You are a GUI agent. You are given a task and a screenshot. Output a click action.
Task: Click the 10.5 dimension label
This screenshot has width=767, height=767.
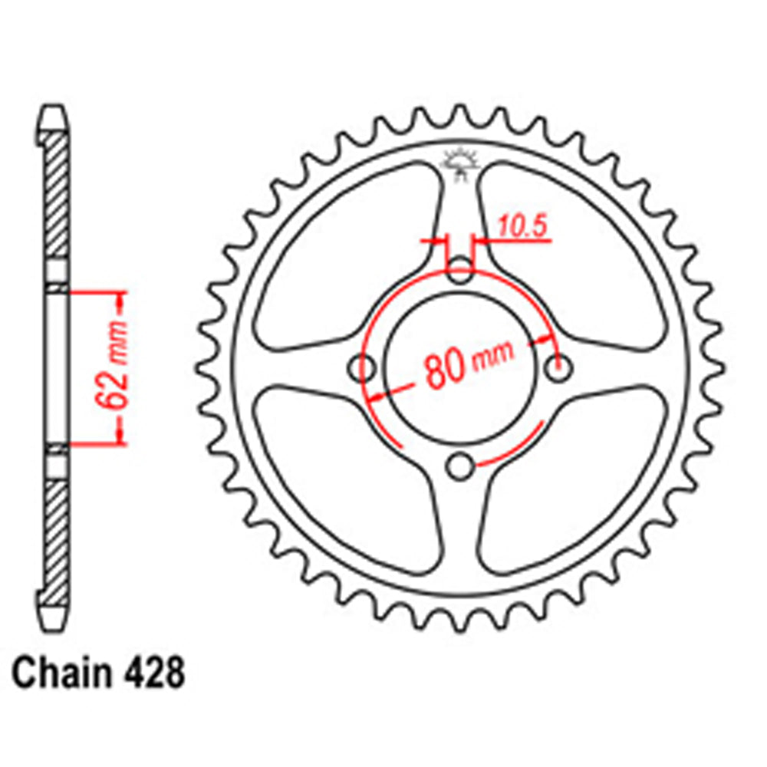[x=525, y=227]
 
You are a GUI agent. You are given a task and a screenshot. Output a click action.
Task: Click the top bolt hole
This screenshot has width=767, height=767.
[x=460, y=269]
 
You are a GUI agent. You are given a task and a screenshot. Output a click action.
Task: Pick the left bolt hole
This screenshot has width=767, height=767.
[x=362, y=368]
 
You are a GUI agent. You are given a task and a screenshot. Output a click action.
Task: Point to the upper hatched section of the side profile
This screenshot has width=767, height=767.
[x=55, y=199]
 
